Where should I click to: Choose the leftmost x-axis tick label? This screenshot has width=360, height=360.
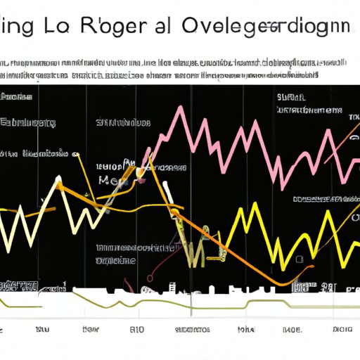click(43, 329)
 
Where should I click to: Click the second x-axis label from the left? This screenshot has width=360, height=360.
click(89, 329)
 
